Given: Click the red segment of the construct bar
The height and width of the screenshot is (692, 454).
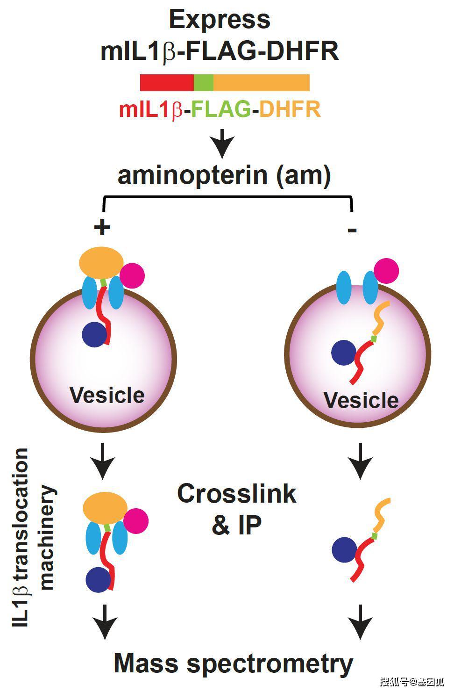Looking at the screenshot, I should tap(167, 83).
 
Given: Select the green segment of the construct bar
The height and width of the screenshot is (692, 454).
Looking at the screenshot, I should tap(203, 83).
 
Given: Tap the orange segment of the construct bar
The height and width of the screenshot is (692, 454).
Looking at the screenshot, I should tap(261, 83).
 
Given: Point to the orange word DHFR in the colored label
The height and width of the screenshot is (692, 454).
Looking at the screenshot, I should tap(290, 109).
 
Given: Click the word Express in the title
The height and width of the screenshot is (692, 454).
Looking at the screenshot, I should tap(220, 20).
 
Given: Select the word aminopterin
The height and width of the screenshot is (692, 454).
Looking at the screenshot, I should tap(193, 176).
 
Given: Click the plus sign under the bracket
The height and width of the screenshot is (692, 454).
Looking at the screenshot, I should tap(102, 228).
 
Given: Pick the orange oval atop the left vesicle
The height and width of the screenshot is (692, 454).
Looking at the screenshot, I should tap(101, 264).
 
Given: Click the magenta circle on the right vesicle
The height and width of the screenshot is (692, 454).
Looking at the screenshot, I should tap(386, 270).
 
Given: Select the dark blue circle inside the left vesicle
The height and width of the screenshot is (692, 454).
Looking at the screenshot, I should tap(95, 334).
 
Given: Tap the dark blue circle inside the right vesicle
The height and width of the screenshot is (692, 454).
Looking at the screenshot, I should tap(344, 353).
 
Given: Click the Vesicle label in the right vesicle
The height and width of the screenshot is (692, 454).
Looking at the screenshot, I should tap(361, 400).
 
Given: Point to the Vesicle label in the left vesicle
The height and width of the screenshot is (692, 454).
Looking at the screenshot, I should tap(107, 395).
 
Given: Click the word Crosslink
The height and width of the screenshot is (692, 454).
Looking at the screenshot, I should tap(237, 494).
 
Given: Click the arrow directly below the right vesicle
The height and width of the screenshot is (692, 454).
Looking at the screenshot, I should tap(360, 461).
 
